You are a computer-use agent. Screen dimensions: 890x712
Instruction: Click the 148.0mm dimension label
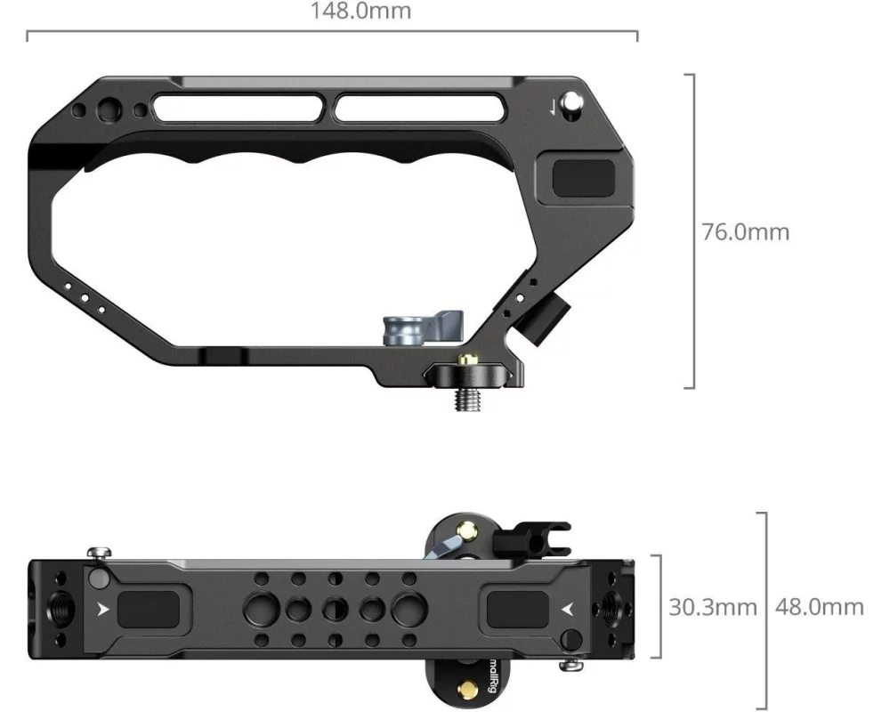[x=360, y=11]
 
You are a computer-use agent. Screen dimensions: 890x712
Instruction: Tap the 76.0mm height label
[x=745, y=231]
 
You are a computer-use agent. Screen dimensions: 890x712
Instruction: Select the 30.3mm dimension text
[x=712, y=607]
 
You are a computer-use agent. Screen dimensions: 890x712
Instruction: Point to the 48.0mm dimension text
[x=819, y=607]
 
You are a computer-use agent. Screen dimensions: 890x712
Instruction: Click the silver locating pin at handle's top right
[x=570, y=103]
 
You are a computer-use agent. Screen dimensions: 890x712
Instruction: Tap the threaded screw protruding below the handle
[x=468, y=399]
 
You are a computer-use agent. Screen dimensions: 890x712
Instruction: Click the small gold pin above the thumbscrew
[x=468, y=359]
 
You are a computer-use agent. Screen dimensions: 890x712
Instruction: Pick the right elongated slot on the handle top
[x=420, y=108]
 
